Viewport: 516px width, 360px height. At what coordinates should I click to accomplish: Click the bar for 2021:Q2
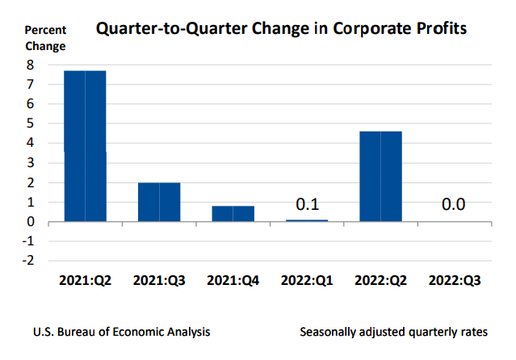85,145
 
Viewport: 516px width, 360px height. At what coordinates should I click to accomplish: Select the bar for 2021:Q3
159,202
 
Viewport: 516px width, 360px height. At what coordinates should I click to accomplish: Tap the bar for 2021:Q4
233,213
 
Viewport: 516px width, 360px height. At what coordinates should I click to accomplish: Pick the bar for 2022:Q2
380,176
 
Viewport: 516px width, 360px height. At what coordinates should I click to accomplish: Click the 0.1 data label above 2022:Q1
307,204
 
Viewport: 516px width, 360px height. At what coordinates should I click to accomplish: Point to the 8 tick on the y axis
30,65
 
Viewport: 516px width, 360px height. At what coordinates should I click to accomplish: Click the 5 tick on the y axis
30,123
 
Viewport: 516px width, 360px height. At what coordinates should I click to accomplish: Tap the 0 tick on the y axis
30,221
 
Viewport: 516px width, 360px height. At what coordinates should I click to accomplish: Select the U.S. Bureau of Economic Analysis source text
121,332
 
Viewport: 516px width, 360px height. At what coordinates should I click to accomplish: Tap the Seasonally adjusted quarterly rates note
393,332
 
